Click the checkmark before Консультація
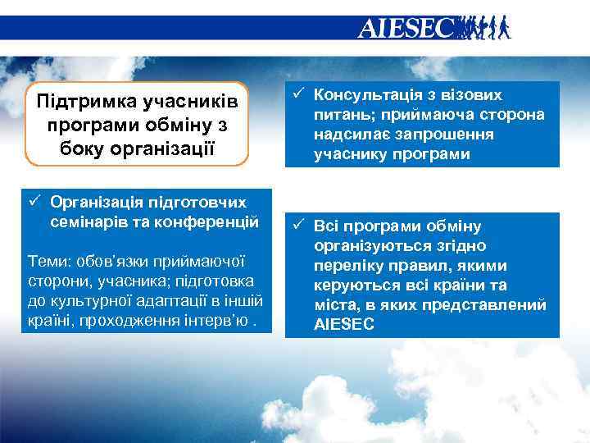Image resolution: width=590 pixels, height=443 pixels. tap(298, 95)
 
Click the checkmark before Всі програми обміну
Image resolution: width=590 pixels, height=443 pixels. tap(298, 226)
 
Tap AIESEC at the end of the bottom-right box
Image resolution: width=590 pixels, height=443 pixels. tap(343, 325)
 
